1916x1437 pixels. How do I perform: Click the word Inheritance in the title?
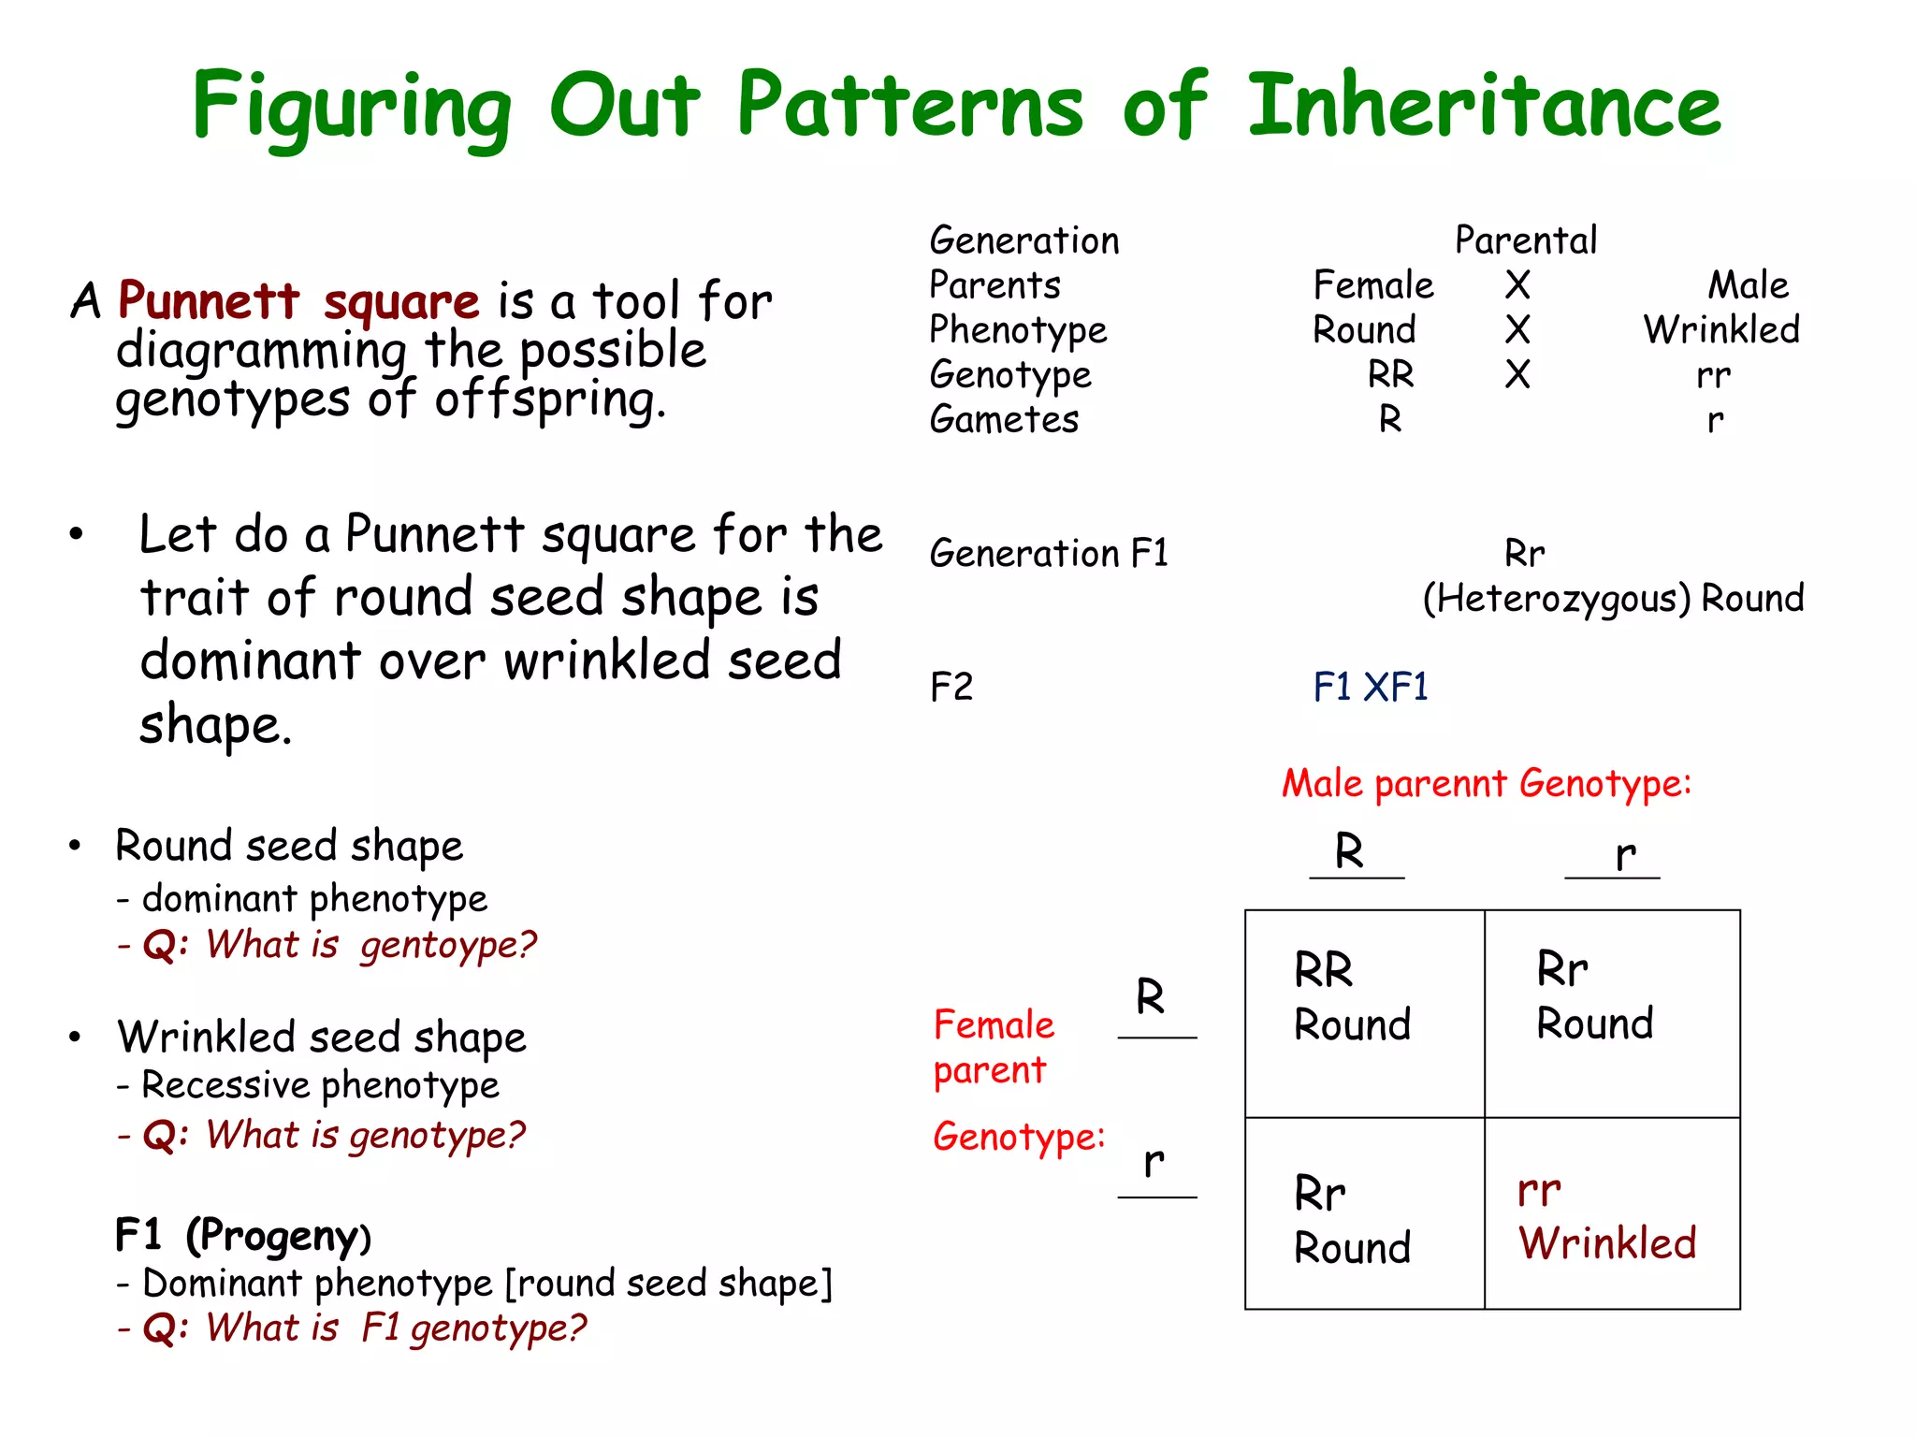pyautogui.click(x=1484, y=105)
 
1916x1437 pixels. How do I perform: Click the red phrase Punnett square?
pyautogui.click(x=298, y=301)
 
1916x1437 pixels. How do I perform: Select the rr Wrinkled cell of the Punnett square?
pyautogui.click(x=1611, y=1214)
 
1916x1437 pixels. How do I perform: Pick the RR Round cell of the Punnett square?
pyautogui.click(x=1364, y=1013)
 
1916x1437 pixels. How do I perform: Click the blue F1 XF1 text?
pyautogui.click(x=1371, y=688)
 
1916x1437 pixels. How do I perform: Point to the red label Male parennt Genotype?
pyautogui.click(x=1486, y=783)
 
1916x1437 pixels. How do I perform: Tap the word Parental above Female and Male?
pyautogui.click(x=1525, y=240)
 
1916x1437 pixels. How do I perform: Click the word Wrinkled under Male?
pyautogui.click(x=1721, y=329)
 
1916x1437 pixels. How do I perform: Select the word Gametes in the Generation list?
pyautogui.click(x=1004, y=419)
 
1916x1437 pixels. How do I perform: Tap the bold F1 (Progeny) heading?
pyautogui.click(x=243, y=1236)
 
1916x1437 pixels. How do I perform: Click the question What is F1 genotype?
pyautogui.click(x=396, y=1328)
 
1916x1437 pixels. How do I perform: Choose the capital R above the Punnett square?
pyautogui.click(x=1349, y=851)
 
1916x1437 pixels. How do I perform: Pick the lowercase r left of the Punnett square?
pyautogui.click(x=1154, y=1163)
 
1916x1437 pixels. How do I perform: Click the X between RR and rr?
pyautogui.click(x=1517, y=374)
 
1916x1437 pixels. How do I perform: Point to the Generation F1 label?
pyautogui.click(x=1049, y=554)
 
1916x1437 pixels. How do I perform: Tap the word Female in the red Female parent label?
pyautogui.click(x=994, y=1025)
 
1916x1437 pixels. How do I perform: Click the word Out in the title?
pyautogui.click(x=624, y=105)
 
